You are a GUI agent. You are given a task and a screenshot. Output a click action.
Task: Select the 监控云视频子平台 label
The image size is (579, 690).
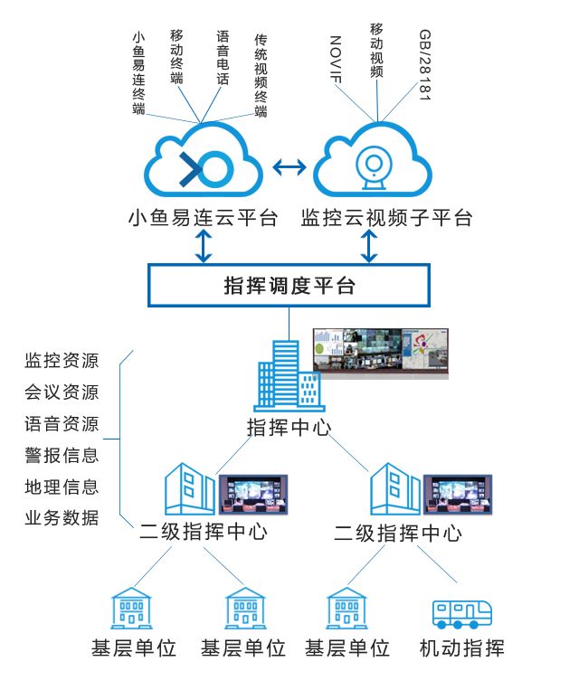coord(386,218)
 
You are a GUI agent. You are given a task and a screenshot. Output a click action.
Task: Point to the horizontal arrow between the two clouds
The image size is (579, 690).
coord(289,167)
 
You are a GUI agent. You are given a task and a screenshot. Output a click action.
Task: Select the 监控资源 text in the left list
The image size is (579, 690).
coord(62,361)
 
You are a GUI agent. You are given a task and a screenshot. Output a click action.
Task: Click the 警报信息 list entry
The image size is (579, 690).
coord(62,455)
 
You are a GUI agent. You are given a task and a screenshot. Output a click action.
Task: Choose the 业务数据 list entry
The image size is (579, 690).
coord(62,518)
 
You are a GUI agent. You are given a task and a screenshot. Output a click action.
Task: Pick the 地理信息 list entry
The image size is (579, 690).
coord(62,487)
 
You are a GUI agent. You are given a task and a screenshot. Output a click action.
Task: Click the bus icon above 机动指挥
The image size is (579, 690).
coord(461,612)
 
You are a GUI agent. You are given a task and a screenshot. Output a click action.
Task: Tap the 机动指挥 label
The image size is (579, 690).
coord(461,648)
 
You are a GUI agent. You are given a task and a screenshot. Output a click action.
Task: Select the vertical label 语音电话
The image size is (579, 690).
coord(223,58)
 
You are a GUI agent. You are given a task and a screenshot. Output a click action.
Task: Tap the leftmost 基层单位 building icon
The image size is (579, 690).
coord(132,609)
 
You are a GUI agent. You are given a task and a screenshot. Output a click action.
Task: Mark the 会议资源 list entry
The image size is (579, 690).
coord(62,392)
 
